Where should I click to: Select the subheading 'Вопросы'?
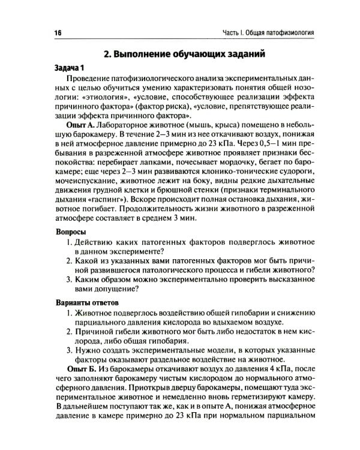coord(62,231)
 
